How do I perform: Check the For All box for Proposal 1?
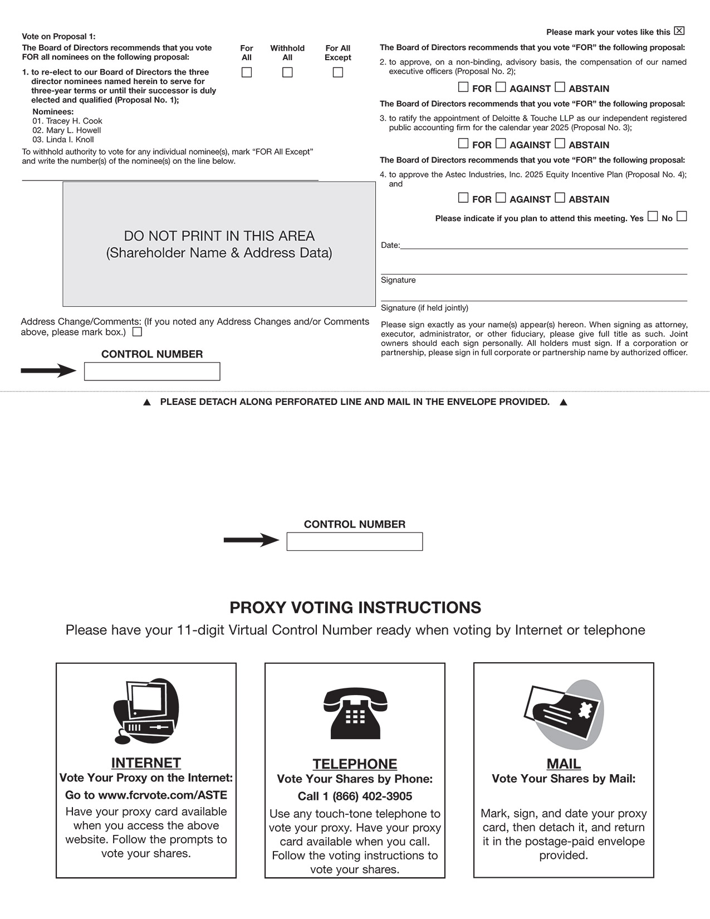pos(247,72)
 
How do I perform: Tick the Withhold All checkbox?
pos(287,72)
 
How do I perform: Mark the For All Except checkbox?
pos(337,72)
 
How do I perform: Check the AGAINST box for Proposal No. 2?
pos(501,87)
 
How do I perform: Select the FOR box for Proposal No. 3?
pos(463,143)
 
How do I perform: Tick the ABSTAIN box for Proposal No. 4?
pos(560,198)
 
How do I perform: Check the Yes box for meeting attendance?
pos(653,216)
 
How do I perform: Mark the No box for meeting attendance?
pos(682,216)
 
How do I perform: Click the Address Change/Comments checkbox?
pos(137,332)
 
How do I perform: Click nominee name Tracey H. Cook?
pos(74,121)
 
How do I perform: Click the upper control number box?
pos(152,371)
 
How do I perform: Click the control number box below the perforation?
pos(355,541)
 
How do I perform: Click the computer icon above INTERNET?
pos(146,711)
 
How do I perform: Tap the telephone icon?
pos(355,713)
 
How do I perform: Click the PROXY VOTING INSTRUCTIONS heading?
pos(355,608)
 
